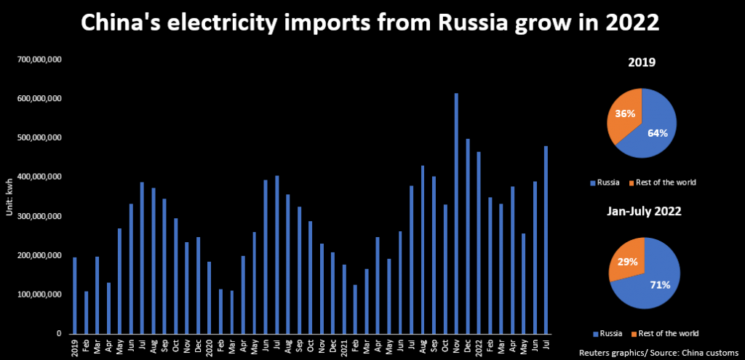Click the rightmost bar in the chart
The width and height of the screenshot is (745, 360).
(546, 240)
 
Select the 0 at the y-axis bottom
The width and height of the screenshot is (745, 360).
(59, 334)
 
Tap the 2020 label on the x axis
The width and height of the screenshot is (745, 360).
(209, 346)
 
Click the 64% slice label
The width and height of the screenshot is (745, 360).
(657, 132)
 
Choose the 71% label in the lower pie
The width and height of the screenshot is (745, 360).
(659, 284)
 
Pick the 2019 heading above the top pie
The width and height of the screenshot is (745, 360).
(642, 63)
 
